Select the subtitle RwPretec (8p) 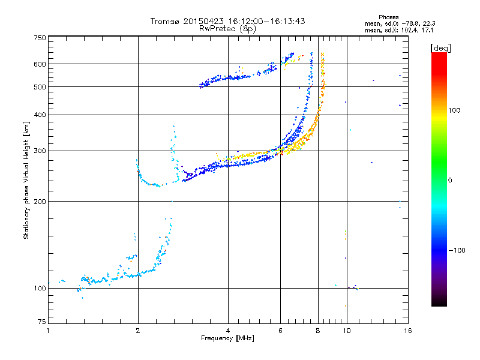pos(227,29)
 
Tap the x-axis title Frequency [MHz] pos(227,338)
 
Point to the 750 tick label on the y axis pos(40,38)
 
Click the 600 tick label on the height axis pos(40,64)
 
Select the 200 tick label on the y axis pos(40,202)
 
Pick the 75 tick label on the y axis pos(42,322)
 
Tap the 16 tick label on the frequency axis pos(407,331)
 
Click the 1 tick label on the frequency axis pos(48,331)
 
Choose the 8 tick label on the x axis pos(318,331)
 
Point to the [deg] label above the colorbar pos(440,48)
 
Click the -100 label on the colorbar pos(457,250)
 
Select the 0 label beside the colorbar pos(450,181)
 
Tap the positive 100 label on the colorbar pos(454,110)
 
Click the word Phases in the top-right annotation pos(388,17)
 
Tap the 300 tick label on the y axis pos(40,151)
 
